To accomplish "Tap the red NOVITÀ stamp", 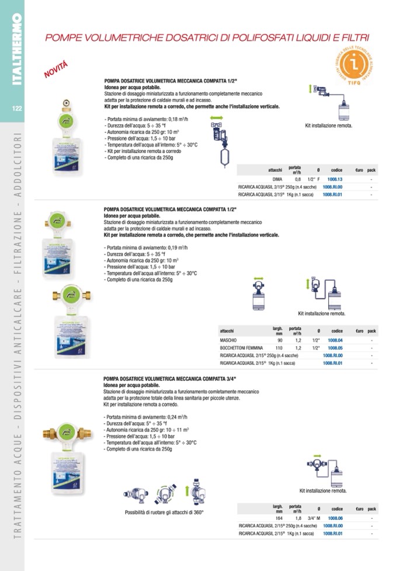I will (x=56, y=69).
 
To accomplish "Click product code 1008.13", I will (x=334, y=179).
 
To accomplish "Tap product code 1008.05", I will (x=335, y=347).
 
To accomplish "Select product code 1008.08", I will (x=335, y=518).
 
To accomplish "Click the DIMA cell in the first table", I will (x=277, y=179).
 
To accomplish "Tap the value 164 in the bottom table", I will (x=279, y=518).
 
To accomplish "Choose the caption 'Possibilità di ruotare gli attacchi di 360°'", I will (x=164, y=512).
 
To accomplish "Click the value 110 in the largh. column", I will (x=279, y=347).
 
